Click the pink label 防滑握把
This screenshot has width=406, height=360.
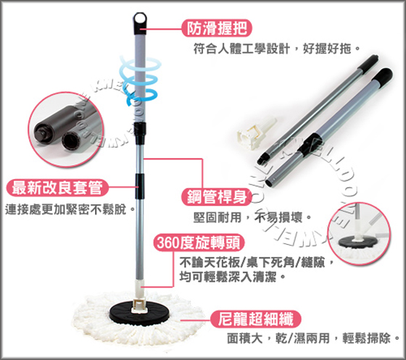point(217,28)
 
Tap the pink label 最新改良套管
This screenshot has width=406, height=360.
point(57,188)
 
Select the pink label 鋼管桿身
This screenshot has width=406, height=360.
point(217,197)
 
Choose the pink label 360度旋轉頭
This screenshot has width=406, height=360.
point(199,243)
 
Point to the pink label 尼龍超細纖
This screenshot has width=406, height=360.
point(255,319)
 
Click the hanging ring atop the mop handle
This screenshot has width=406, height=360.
point(140,20)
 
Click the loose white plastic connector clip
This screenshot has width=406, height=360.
point(257,133)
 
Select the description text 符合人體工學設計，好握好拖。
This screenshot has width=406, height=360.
point(277,49)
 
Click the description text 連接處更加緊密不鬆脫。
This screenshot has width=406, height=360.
point(70,209)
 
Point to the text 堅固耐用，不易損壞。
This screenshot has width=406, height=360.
point(252,217)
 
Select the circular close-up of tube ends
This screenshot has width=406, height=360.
point(66,129)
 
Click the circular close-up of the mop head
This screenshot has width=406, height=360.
point(359,233)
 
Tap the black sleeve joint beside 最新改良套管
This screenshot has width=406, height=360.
point(139,186)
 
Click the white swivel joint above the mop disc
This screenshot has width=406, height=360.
point(140,295)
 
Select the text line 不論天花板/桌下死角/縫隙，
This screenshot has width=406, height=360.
point(257,263)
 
